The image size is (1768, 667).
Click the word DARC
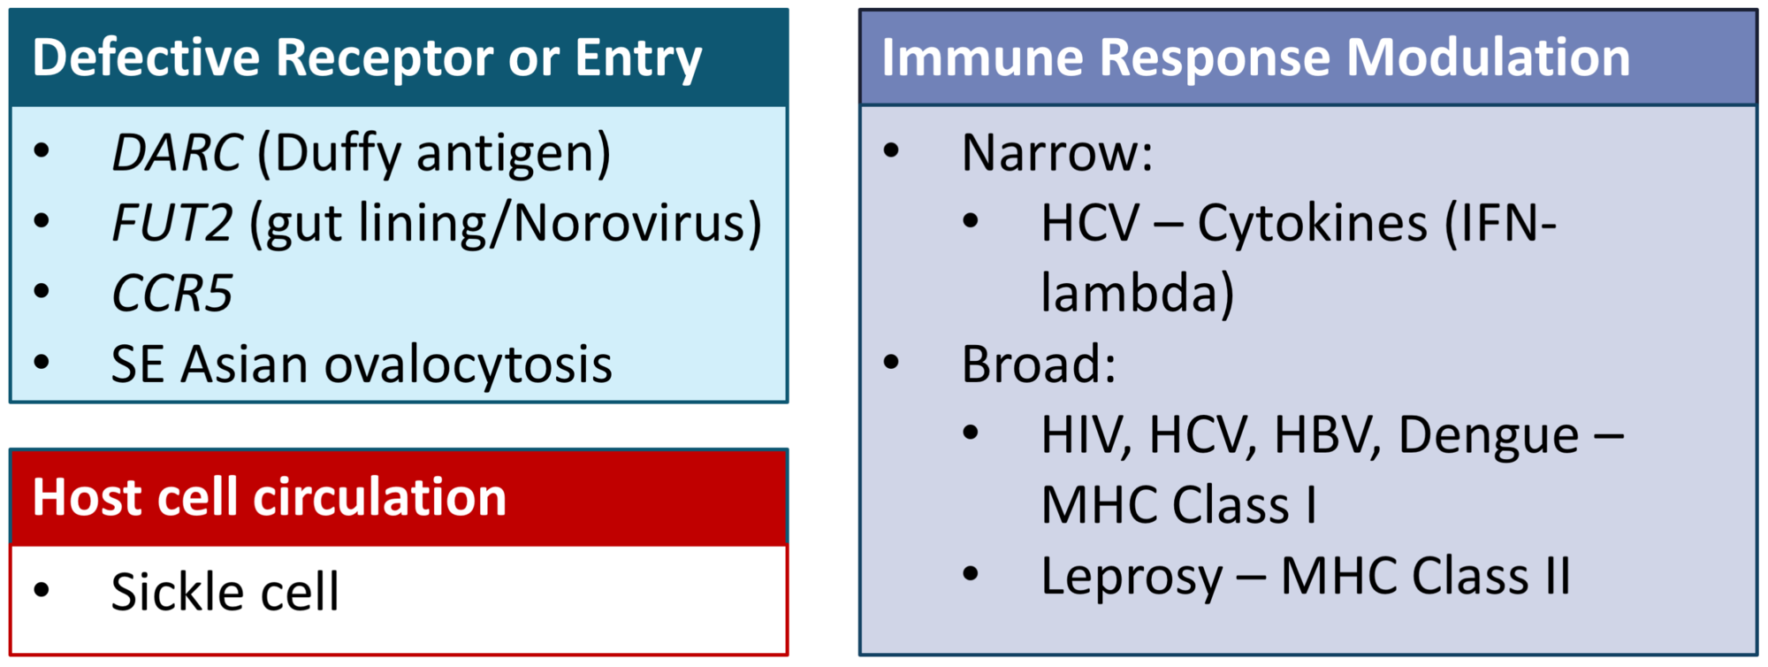point(177,152)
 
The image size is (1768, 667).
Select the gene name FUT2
point(172,222)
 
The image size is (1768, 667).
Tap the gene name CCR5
point(171,293)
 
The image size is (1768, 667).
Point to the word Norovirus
point(631,222)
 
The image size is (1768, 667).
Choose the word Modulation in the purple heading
point(1488,57)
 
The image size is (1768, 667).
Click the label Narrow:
point(1057,152)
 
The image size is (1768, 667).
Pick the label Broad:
point(1039,364)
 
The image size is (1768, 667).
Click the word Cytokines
point(1312,224)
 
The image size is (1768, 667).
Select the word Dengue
point(1489,436)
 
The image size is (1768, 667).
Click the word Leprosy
point(1132,578)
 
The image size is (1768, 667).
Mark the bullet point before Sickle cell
point(42,590)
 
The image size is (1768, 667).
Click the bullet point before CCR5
point(42,291)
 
